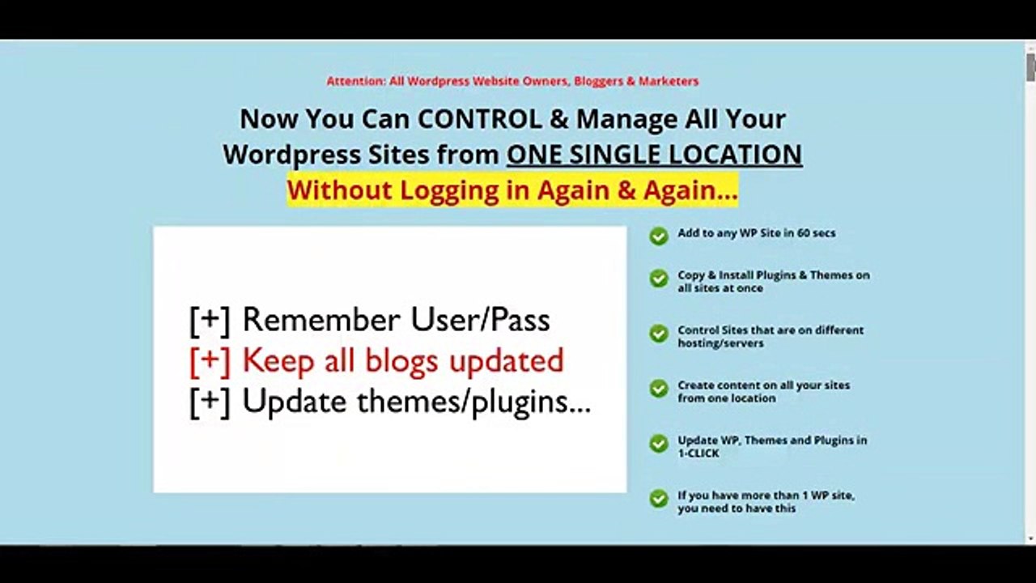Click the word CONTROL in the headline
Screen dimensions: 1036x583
pyautogui.click(x=480, y=119)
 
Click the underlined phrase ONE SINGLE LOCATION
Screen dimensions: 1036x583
pyautogui.click(x=655, y=155)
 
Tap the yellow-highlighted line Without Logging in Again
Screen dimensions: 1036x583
pyautogui.click(x=512, y=190)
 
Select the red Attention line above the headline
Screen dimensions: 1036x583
pyautogui.click(x=512, y=81)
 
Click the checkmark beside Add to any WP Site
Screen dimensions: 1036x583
pyautogui.click(x=659, y=236)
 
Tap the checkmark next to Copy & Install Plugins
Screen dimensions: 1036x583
pyautogui.click(x=659, y=278)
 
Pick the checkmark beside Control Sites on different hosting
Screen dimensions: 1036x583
pyautogui.click(x=659, y=333)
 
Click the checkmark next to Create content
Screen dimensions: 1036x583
pyautogui.click(x=659, y=388)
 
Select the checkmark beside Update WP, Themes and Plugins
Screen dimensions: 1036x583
pyautogui.click(x=659, y=443)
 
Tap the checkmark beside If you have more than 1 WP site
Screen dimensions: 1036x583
pyautogui.click(x=659, y=498)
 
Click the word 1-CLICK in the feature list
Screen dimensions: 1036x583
pyautogui.click(x=698, y=453)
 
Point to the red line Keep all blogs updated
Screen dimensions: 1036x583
pyautogui.click(x=377, y=361)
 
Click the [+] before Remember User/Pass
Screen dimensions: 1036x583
pyautogui.click(x=210, y=320)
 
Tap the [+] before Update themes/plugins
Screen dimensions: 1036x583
pyautogui.click(x=210, y=402)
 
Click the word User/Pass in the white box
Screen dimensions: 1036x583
pyautogui.click(x=480, y=320)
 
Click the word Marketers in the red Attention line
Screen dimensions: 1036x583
pyautogui.click(x=669, y=81)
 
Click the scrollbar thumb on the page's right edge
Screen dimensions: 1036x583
pyautogui.click(x=1031, y=67)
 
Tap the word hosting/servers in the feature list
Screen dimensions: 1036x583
pyautogui.click(x=720, y=343)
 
